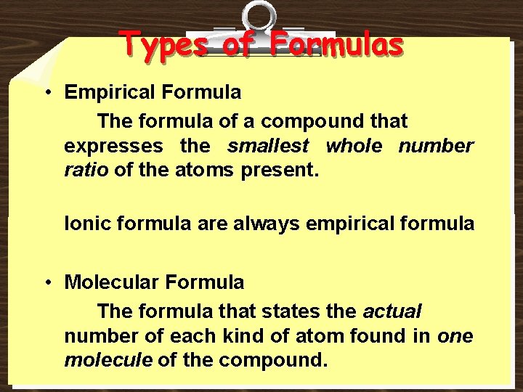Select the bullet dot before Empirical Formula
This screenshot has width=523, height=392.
tap(46, 93)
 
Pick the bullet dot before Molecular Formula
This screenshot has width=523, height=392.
tap(46, 282)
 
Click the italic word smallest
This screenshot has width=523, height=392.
tap(268, 147)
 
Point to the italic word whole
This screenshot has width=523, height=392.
tap(354, 147)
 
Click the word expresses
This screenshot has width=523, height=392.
tap(113, 147)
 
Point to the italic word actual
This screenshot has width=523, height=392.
tap(392, 311)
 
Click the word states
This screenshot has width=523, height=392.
tap(291, 311)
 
